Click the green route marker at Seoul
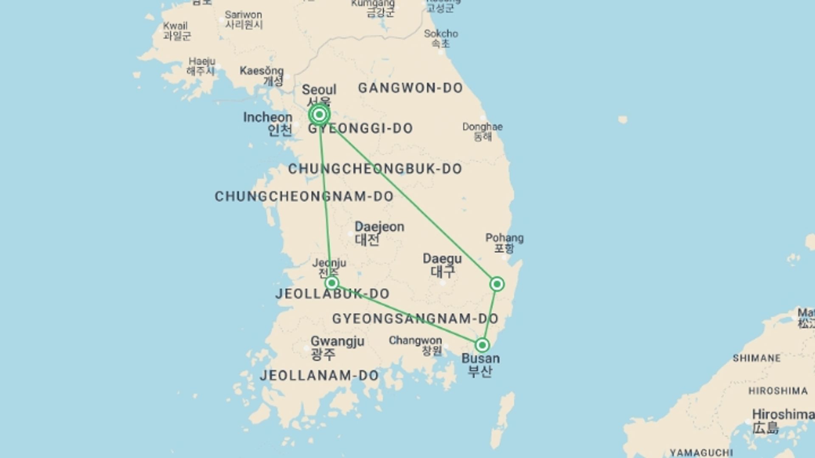(319, 114)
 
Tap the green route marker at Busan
(482, 345)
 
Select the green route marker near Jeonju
(332, 283)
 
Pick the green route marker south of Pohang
(497, 284)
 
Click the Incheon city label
(268, 117)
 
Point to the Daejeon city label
(379, 227)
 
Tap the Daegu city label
(442, 259)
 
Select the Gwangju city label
(337, 341)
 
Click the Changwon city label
(415, 341)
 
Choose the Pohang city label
(504, 238)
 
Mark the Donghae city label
(482, 127)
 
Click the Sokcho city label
(441, 34)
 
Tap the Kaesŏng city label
(261, 71)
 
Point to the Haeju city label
(202, 61)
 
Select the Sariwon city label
(244, 15)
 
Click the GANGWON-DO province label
(410, 88)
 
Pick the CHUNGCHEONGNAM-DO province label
(304, 196)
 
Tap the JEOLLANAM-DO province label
(319, 375)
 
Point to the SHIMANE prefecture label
(756, 358)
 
